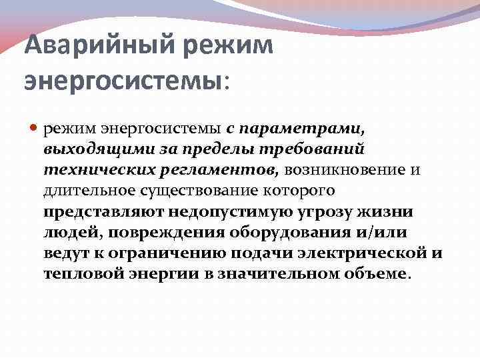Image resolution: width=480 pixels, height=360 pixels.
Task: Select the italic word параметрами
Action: coord(290,127)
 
